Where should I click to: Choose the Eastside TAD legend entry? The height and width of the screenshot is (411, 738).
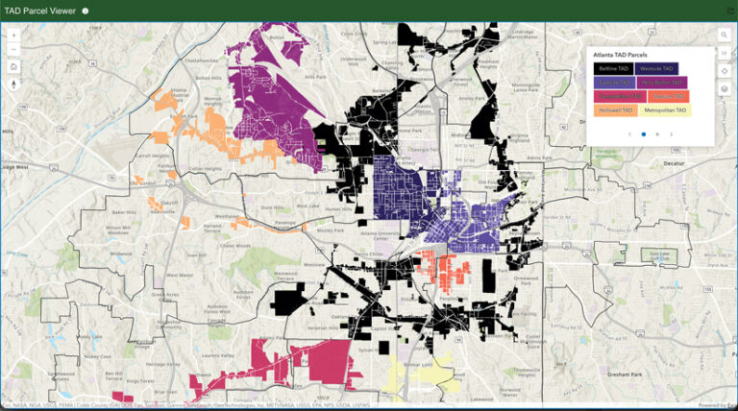613,83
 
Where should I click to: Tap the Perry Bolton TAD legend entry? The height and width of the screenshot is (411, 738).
661,83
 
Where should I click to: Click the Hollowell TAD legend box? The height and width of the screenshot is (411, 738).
613,110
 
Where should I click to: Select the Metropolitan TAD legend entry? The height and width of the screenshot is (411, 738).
665,110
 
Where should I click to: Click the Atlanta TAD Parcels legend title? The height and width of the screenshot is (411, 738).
620,55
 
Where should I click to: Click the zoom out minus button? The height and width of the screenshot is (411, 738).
14,49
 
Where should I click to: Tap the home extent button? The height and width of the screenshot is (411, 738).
14,66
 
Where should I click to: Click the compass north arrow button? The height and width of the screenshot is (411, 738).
14,84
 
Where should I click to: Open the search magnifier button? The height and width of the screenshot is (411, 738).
724,35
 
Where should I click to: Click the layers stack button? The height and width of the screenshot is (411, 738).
724,88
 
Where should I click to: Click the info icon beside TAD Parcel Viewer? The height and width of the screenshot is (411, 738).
86,11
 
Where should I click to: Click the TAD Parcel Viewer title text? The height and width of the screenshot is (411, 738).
39,11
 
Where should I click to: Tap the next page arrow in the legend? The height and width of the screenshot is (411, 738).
671,134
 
